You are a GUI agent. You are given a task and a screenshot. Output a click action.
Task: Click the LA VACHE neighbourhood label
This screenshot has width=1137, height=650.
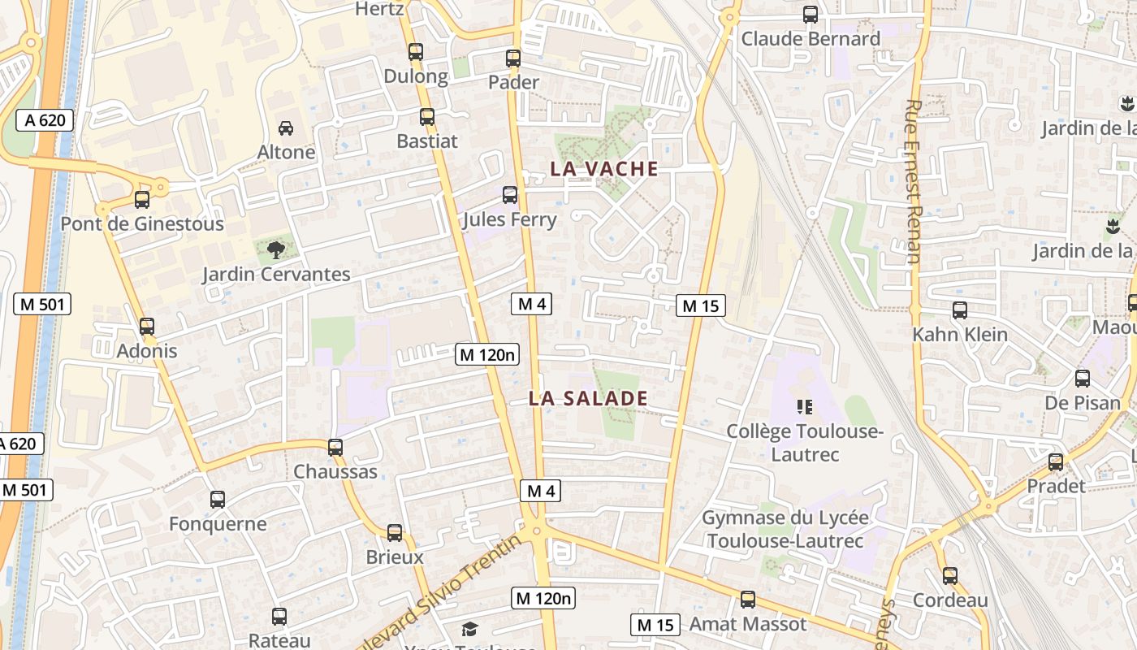coord(603,169)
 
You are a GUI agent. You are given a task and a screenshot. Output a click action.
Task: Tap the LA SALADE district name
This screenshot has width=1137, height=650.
coord(588,399)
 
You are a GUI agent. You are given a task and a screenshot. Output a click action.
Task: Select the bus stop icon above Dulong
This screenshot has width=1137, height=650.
coord(416,52)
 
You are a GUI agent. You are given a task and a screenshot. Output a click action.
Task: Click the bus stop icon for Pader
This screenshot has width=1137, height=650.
coord(513,58)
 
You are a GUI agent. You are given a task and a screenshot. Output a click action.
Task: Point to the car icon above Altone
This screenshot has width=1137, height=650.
coord(286,128)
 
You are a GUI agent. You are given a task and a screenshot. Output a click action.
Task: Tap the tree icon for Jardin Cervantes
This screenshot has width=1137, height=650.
coord(276,249)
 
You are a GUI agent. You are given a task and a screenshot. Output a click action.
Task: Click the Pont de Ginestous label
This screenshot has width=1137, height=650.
coord(142,224)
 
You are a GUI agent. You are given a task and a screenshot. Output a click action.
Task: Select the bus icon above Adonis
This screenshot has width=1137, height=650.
coord(147,327)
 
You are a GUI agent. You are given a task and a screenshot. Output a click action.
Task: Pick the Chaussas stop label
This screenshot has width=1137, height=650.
coord(335,471)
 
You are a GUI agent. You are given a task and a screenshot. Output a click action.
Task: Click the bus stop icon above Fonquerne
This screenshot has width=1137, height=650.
coord(218,500)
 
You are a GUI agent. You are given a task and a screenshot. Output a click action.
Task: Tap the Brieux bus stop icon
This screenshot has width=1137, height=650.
coord(395,533)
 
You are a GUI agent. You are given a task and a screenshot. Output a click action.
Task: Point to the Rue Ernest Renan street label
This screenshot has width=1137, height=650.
coord(913,181)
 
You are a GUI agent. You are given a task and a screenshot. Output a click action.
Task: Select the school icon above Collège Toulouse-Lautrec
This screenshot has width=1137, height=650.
coord(805,406)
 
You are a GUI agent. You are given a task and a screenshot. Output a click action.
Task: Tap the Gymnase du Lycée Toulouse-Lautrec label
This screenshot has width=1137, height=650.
coord(785,529)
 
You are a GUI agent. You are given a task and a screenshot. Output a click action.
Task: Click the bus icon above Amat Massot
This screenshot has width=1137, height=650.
coord(748,600)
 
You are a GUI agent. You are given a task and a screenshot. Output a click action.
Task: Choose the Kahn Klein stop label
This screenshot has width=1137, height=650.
coord(959,335)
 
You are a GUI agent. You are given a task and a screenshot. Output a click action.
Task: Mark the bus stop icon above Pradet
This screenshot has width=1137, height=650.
coord(1056,462)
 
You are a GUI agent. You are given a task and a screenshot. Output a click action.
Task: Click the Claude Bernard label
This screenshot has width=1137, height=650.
coord(811,39)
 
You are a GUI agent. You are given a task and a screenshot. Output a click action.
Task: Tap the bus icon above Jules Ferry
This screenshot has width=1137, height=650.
coord(510,195)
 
